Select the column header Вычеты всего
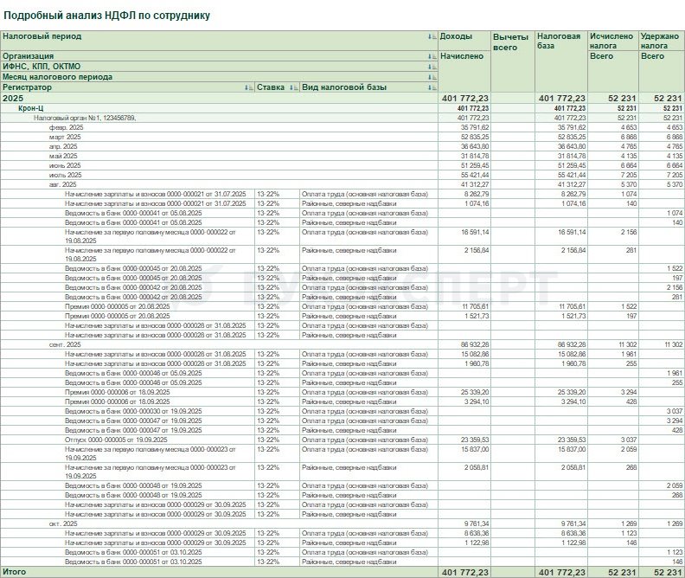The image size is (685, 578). point(509,42)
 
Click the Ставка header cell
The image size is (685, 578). point(271,87)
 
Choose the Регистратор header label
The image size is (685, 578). point(28,87)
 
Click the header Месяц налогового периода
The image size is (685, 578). point(57,77)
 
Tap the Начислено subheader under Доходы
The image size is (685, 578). point(462,56)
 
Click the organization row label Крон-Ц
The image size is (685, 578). point(31,108)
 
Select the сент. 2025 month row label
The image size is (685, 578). point(65,344)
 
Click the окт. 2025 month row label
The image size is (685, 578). point(63,523)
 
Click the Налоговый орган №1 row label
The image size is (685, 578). point(85,118)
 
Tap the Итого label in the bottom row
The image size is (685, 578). point(14,572)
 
